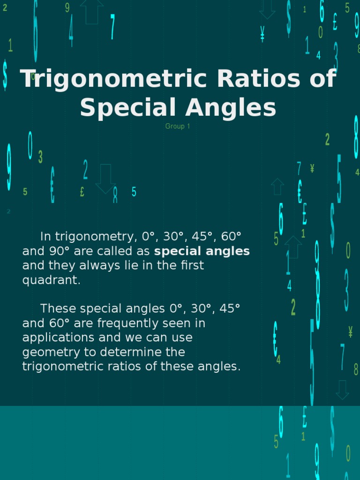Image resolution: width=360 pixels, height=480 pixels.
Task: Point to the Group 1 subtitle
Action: pyautogui.click(x=178, y=126)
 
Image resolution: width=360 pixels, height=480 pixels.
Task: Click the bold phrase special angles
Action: pyautogui.click(x=202, y=251)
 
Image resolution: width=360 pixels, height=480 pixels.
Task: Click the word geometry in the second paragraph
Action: pyautogui.click(x=50, y=352)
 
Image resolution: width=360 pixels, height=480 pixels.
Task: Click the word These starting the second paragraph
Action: pyautogui.click(x=59, y=309)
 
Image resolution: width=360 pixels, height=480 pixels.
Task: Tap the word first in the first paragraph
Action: pyautogui.click(x=193, y=266)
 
